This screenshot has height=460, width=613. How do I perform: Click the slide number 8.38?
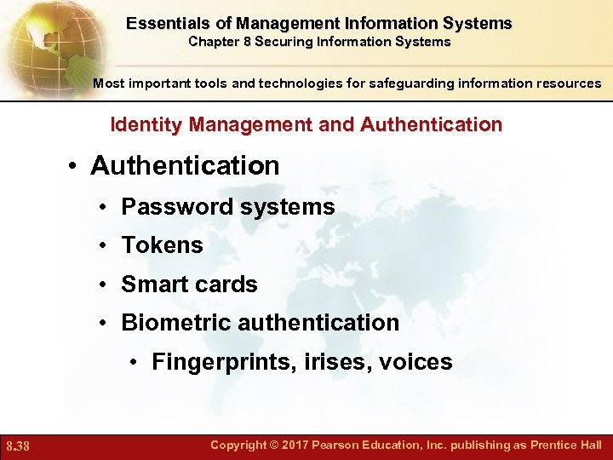18,446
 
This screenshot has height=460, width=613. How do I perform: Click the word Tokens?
162,245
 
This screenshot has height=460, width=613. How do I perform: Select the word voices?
416,362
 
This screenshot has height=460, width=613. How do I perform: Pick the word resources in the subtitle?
565,83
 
